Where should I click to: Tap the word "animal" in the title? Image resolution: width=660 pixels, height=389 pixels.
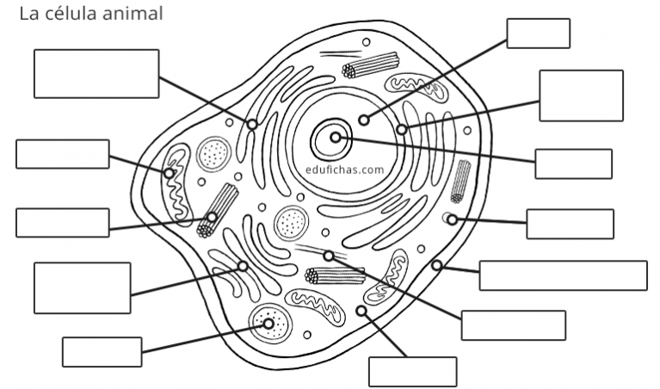[x=133, y=13]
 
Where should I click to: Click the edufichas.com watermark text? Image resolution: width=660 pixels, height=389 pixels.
[x=345, y=170]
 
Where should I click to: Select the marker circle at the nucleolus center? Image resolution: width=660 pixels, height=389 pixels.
[x=336, y=137]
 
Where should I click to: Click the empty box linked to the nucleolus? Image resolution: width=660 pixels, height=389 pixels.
[x=573, y=164]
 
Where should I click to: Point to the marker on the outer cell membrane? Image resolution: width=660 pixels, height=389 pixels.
[x=437, y=265]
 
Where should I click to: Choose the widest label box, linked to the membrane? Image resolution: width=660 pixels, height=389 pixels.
[x=563, y=275]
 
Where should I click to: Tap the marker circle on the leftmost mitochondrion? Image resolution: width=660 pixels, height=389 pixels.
[x=170, y=173]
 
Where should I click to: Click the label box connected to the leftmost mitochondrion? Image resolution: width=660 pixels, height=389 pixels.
[x=63, y=154]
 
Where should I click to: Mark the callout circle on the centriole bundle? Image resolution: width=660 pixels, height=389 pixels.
[x=213, y=217]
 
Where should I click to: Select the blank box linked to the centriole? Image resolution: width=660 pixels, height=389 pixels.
[x=63, y=223]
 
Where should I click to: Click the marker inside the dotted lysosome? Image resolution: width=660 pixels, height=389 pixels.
[x=268, y=324]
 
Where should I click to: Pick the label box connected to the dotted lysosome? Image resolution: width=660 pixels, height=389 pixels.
[x=102, y=352]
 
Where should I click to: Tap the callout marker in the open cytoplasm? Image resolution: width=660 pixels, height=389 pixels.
[x=361, y=312]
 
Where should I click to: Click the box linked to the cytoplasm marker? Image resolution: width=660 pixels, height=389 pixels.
[x=413, y=372]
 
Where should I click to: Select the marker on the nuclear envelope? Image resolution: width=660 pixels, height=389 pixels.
[x=402, y=129]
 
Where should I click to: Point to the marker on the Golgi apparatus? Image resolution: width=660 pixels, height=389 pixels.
[x=243, y=266]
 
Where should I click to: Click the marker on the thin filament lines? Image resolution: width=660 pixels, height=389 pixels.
[x=329, y=256]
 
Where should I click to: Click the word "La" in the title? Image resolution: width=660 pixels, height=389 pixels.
[x=28, y=13]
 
